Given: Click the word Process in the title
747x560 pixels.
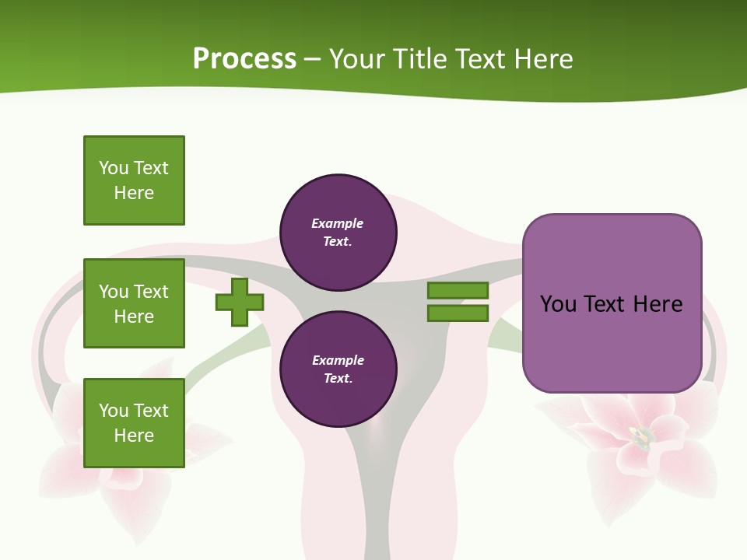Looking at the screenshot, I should pyautogui.click(x=244, y=59).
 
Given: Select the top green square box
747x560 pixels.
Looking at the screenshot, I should pyautogui.click(x=134, y=180).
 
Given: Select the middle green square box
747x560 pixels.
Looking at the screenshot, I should pyautogui.click(x=134, y=303).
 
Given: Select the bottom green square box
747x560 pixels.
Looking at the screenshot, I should pyautogui.click(x=134, y=423).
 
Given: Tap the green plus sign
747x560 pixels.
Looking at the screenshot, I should pyautogui.click(x=240, y=302).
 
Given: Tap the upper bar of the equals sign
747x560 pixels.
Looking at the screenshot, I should pyautogui.click(x=458, y=290).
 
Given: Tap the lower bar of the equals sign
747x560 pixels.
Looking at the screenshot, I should pyautogui.click(x=458, y=313).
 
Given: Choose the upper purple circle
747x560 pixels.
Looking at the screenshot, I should pyautogui.click(x=338, y=233).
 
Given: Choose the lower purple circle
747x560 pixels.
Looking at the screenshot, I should pyautogui.click(x=338, y=369).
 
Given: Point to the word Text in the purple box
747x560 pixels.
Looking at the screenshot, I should pyautogui.click(x=607, y=304).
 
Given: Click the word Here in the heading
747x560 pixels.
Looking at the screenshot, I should pyautogui.click(x=544, y=59).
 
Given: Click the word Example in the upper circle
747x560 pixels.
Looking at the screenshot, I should pyautogui.click(x=337, y=224).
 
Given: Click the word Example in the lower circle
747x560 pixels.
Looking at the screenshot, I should pyautogui.click(x=338, y=361).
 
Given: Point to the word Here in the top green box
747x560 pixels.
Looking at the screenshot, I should pyautogui.click(x=134, y=193).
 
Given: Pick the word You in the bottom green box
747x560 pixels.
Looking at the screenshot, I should pyautogui.click(x=113, y=411).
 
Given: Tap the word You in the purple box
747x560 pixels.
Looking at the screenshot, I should pyautogui.click(x=558, y=304).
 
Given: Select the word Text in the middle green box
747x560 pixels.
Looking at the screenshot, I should pyautogui.click(x=151, y=292).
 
